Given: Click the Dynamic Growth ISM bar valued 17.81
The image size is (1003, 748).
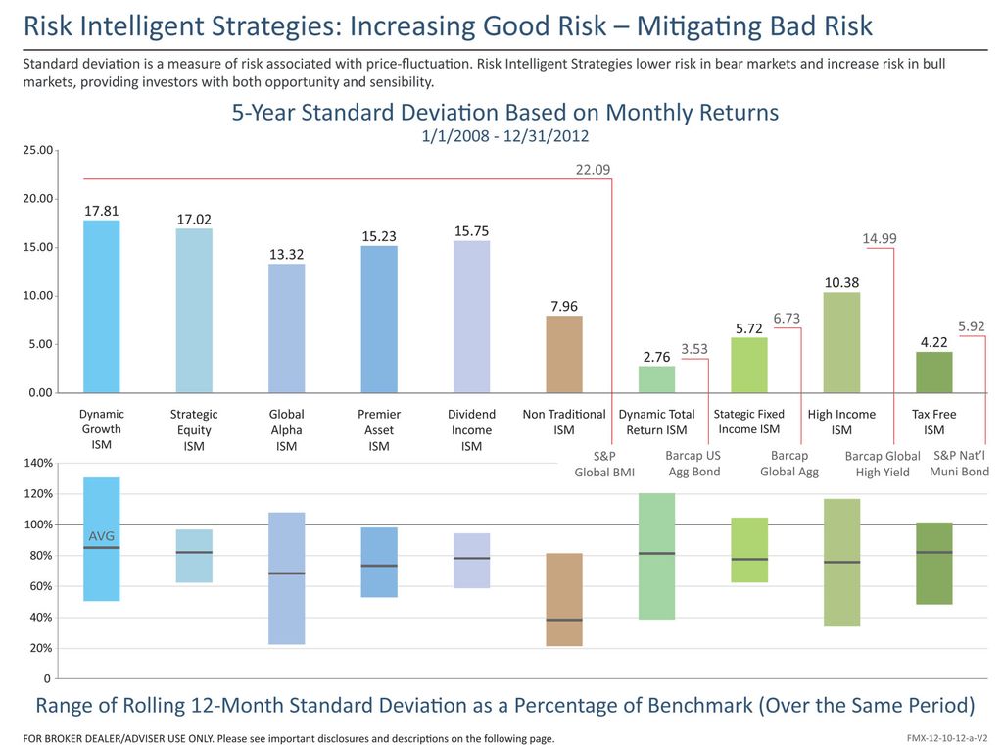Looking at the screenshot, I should tap(102, 306).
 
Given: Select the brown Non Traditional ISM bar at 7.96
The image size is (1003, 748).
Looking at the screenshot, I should tap(564, 353).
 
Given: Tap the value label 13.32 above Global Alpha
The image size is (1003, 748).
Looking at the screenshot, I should tap(286, 255).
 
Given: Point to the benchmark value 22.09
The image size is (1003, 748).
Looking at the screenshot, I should tap(593, 170).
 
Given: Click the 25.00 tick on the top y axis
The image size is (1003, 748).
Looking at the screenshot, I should tap(37, 151).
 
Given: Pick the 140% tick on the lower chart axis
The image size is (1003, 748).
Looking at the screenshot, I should tap(36, 463).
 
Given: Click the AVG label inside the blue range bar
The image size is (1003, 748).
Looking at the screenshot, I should tap(102, 536).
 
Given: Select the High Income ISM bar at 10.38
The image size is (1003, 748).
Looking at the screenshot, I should tap(841, 342).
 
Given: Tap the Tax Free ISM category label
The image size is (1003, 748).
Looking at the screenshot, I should tap(933, 422).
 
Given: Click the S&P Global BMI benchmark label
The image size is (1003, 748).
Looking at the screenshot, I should tap(603, 465).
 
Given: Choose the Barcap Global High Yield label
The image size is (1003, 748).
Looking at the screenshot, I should tap(883, 464).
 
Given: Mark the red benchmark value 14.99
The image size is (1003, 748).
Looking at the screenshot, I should tap(879, 238).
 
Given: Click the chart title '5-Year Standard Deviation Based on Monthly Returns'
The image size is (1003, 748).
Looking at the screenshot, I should tap(504, 113).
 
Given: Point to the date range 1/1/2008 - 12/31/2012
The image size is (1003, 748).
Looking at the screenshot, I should tap(504, 135).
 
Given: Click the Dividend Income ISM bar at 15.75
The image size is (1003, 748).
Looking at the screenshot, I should tap(471, 316).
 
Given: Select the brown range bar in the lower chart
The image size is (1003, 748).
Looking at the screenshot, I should tap(564, 599).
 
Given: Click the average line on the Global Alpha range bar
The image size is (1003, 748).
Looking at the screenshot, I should tap(286, 573).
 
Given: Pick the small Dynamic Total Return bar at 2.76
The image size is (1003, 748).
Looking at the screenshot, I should tap(656, 379).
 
